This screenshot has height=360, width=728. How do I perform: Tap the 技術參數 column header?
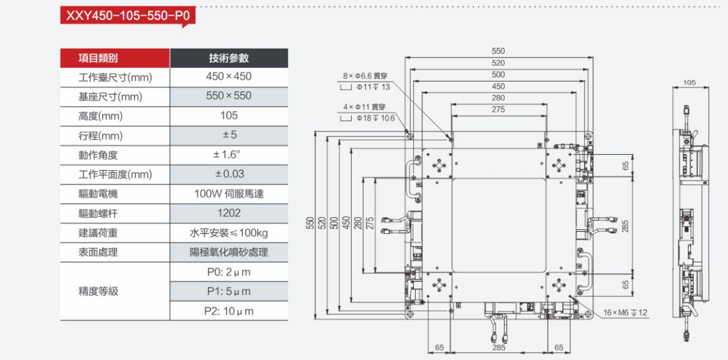tap(229, 58)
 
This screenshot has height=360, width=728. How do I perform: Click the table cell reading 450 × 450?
tap(229, 76)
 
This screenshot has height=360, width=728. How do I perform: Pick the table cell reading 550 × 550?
tap(229, 96)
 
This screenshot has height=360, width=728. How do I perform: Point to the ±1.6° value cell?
tap(229, 155)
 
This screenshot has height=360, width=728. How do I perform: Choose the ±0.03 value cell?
tap(229, 174)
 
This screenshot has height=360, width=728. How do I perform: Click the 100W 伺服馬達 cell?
tap(229, 194)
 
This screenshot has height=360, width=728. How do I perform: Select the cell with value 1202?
tap(229, 213)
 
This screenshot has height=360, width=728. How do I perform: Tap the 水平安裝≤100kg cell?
tap(229, 232)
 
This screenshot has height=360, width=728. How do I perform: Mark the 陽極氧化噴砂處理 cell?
tap(229, 252)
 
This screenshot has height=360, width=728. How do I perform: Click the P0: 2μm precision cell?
tap(229, 272)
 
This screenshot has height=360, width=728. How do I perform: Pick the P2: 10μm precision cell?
tap(229, 311)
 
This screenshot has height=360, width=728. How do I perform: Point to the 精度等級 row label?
tap(98, 291)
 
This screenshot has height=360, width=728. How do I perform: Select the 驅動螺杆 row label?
tap(98, 213)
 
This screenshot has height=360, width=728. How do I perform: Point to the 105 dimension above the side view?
tap(689, 83)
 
